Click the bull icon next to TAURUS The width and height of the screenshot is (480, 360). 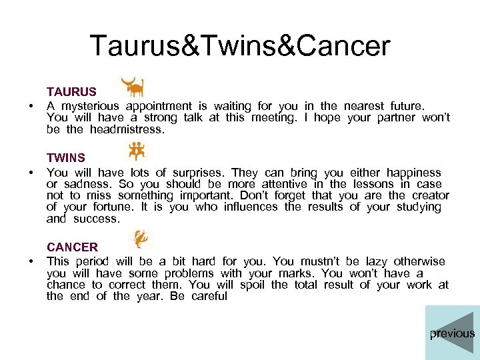click(132, 87)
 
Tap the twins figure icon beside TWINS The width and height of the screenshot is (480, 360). click(136, 151)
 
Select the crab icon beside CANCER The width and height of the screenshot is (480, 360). click(140, 239)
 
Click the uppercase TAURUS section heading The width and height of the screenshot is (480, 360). click(71, 92)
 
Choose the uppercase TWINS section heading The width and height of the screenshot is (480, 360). click(66, 158)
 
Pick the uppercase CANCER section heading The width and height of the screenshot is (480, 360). click(72, 247)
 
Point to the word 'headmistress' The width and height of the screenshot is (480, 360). click(125, 129)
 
